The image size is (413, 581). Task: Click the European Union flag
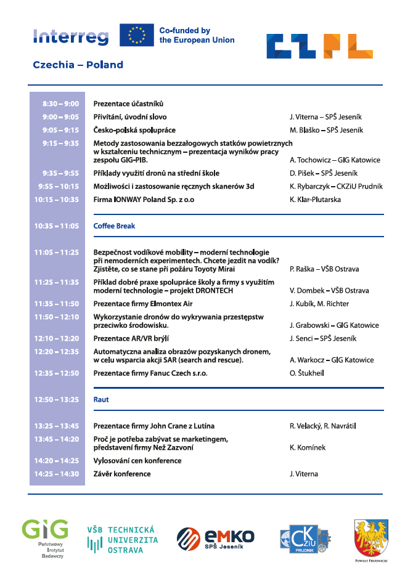tap(137, 35)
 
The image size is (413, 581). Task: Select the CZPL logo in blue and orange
tap(319, 46)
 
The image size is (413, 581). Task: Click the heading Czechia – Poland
tap(78, 65)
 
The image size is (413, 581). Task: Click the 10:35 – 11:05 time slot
tap(57, 225)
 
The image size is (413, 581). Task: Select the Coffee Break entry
tap(114, 225)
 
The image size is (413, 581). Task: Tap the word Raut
tap(101, 399)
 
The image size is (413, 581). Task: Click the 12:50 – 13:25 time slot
tap(57, 399)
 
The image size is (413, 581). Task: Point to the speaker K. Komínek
tap(308, 447)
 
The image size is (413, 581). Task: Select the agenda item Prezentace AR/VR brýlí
tap(131, 338)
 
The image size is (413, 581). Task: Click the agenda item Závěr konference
tap(122, 474)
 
